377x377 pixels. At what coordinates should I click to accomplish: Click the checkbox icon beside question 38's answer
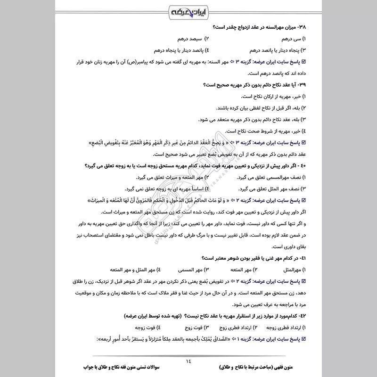(303, 62)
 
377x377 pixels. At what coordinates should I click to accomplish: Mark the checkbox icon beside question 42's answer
(303, 339)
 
